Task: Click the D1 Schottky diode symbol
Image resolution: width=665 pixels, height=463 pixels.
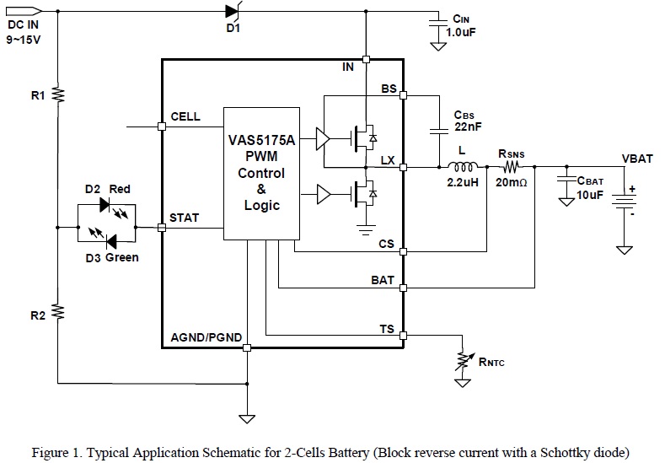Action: tap(233, 12)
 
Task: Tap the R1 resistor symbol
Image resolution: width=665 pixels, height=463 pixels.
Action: tap(58, 94)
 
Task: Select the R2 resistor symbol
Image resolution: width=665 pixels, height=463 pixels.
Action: tap(58, 313)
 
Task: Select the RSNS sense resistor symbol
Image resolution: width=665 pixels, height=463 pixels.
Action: tap(512, 166)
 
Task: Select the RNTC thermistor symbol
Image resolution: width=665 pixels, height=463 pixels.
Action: tap(461, 360)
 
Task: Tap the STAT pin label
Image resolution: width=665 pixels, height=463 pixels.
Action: tap(185, 218)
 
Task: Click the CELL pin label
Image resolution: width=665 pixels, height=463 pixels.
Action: tap(185, 116)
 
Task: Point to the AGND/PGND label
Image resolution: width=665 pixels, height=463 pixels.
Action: tap(206, 337)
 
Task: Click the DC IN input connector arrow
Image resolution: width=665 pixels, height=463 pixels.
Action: tap(23, 12)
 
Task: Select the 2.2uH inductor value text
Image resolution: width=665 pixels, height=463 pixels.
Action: tap(462, 182)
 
